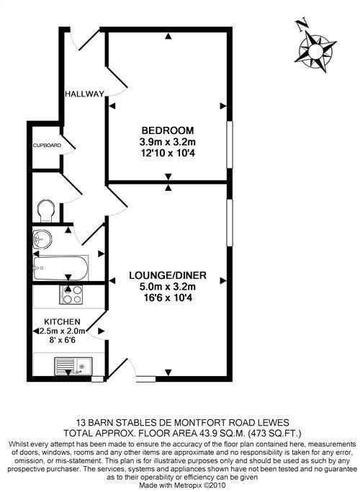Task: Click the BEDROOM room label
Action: pos(167,130)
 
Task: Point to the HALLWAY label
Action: pos(84,94)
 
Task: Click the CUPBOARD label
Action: pos(46,146)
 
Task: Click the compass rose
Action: pos(315,52)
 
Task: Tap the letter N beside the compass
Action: pos(302,24)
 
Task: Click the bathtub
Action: pos(60,266)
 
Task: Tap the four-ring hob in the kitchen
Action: pos(71,295)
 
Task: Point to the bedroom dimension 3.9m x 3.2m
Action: pos(167,142)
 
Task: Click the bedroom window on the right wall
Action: pos(230,143)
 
